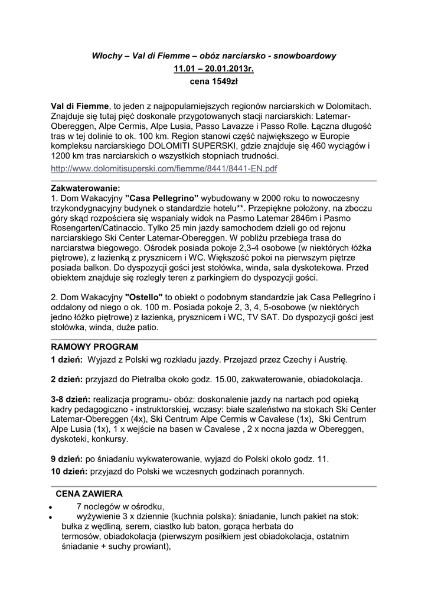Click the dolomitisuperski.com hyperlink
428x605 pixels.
tap(164, 169)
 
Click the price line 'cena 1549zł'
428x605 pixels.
tap(213, 83)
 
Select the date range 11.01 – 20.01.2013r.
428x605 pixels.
tap(213, 69)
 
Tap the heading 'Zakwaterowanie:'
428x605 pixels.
tap(86, 188)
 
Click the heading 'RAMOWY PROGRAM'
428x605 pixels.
tap(94, 347)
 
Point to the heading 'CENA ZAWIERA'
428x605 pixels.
tap(89, 493)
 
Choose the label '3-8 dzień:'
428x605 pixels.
tap(70, 400)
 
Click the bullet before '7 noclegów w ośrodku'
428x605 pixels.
tap(53, 507)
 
